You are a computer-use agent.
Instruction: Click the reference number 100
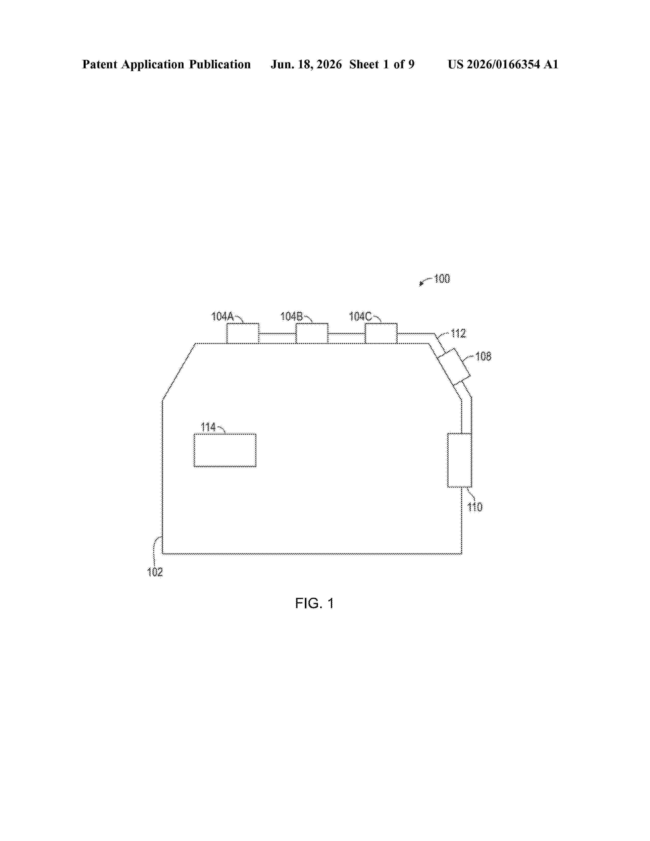point(442,279)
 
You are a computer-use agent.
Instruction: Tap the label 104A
point(223,317)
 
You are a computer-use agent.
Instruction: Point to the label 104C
point(360,317)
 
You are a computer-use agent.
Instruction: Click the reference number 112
point(458,334)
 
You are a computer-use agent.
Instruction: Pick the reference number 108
point(483,357)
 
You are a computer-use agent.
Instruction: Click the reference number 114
point(208,427)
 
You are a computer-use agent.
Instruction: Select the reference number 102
point(155,572)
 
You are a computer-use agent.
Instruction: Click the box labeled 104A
point(243,334)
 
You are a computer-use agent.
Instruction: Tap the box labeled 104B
point(312,334)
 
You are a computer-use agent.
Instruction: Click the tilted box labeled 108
point(454,366)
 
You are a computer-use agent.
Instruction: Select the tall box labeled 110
point(459,461)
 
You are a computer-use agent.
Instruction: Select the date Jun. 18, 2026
point(306,64)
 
